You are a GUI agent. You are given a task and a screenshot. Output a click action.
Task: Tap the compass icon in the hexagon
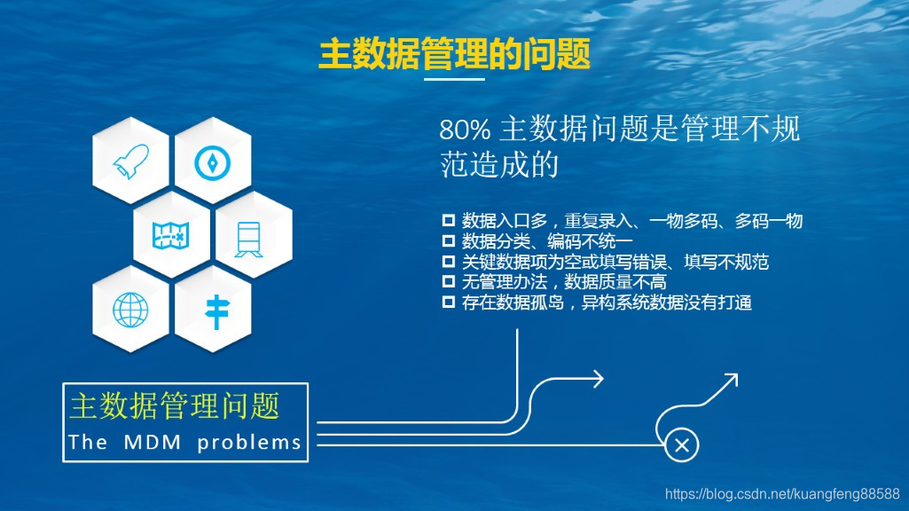tap(213, 161)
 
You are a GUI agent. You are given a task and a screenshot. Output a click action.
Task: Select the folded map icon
tap(172, 235)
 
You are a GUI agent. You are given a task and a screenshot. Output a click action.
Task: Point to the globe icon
tap(131, 310)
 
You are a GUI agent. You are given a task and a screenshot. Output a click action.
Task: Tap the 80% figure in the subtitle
tap(465, 130)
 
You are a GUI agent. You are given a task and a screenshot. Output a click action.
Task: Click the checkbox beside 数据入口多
tap(448, 221)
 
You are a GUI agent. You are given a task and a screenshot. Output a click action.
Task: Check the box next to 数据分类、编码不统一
tap(448, 241)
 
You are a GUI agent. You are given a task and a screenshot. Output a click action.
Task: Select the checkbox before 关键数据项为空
tap(448, 262)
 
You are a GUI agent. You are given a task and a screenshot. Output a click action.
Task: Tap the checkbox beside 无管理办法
tap(448, 282)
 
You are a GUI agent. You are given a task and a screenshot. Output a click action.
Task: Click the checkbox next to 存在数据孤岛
tap(448, 303)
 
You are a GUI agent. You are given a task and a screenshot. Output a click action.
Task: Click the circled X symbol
tap(682, 445)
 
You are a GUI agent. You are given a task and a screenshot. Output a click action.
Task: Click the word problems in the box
tap(249, 442)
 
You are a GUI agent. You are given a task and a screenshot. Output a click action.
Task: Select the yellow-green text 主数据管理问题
tap(175, 406)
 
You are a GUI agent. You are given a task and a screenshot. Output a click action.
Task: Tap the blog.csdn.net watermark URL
tap(781, 494)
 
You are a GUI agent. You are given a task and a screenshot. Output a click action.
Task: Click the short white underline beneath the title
tap(454, 80)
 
